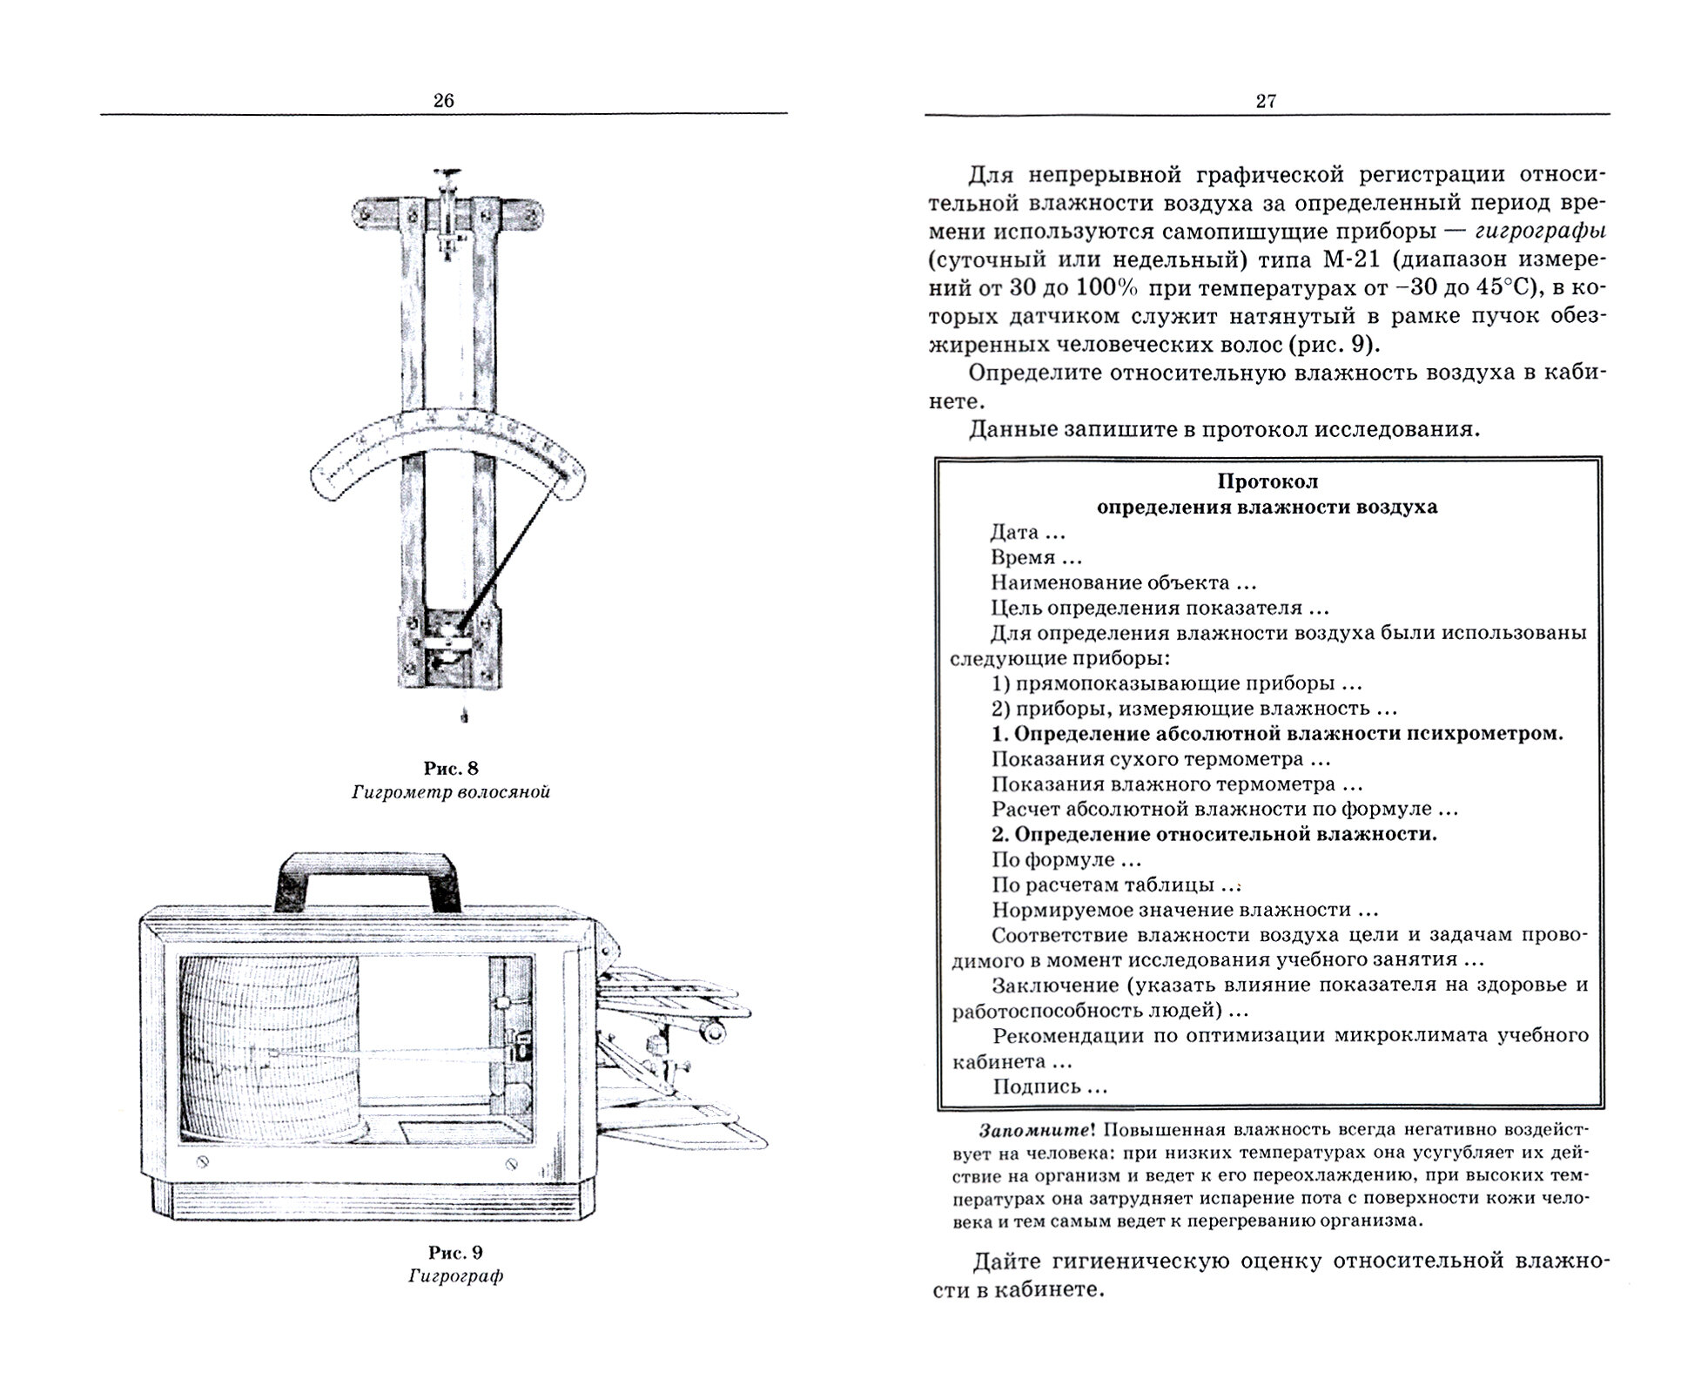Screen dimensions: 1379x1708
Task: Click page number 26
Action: (443, 101)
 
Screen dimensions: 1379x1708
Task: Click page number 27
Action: (1266, 101)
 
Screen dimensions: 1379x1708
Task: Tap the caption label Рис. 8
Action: (451, 769)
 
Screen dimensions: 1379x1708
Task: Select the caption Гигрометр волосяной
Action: (451, 793)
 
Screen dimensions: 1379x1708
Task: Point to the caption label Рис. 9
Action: (454, 1253)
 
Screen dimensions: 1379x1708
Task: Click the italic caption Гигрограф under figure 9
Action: (455, 1277)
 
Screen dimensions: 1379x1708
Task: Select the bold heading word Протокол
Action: (1267, 481)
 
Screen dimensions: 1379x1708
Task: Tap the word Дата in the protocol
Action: (1014, 533)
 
